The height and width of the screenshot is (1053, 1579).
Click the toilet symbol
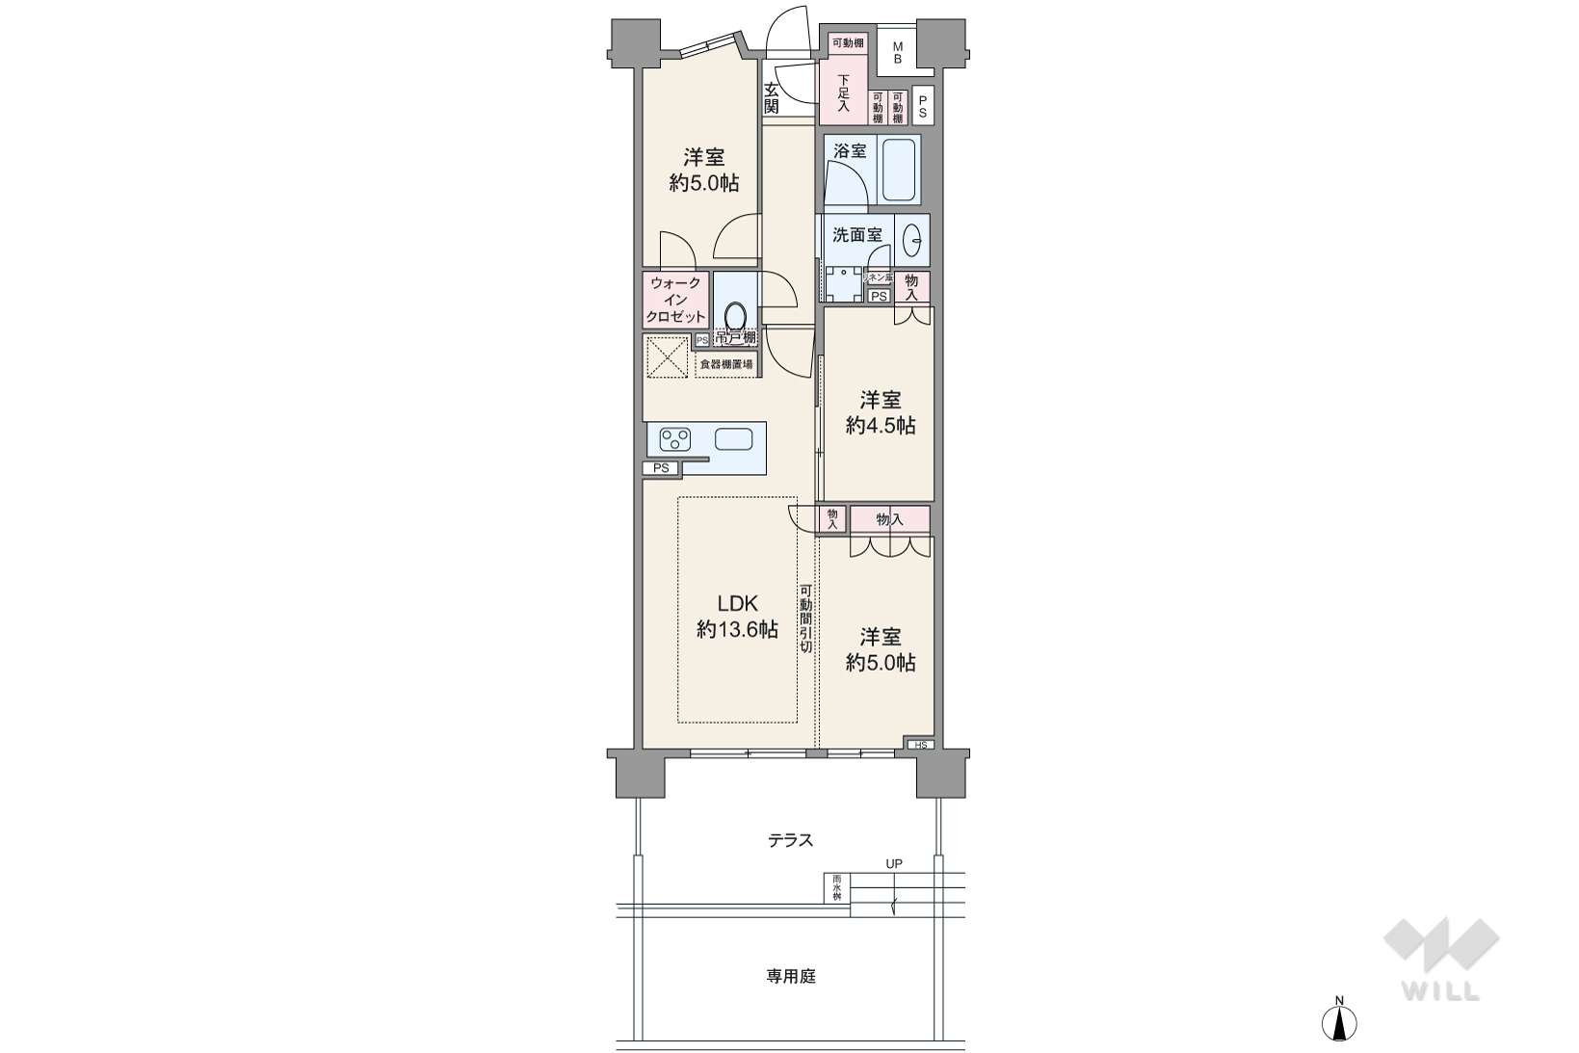[x=735, y=316]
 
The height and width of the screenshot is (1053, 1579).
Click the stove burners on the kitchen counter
[x=674, y=440]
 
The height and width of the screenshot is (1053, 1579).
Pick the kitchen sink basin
[x=734, y=439]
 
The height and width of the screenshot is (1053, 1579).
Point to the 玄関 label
[x=772, y=98]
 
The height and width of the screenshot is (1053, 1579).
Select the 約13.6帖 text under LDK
[x=738, y=630]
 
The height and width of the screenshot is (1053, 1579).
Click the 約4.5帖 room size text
[x=881, y=425]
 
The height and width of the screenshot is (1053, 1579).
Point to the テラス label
[x=790, y=840]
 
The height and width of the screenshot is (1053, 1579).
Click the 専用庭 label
[x=791, y=976]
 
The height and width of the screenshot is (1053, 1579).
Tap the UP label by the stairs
[x=894, y=863]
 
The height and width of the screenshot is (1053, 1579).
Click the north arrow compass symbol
[x=1339, y=1021]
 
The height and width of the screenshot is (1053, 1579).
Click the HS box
[x=919, y=745]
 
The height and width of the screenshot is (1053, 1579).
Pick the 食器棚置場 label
[x=725, y=364]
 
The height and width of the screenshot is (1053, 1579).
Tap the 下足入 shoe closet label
[x=843, y=92]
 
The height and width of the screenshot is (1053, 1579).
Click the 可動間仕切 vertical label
[x=805, y=619]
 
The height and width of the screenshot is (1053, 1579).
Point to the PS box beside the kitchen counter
[x=660, y=468]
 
